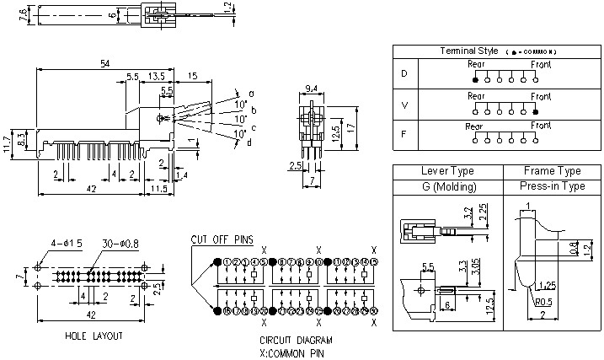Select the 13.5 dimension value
tap(156, 76)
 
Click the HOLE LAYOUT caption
tap(94, 336)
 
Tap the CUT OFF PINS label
tap(222, 239)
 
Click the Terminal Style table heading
tap(476, 51)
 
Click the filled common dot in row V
tap(535, 110)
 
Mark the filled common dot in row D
tap(476, 79)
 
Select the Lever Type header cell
tap(446, 171)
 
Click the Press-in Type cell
tap(552, 186)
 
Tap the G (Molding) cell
tap(446, 186)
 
